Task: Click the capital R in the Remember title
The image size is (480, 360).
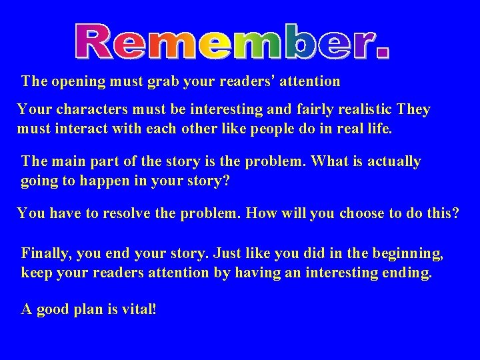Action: [93, 41]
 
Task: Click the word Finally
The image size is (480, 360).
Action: [47, 254]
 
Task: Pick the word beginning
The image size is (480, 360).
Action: [409, 254]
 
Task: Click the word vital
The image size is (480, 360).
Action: [137, 310]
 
